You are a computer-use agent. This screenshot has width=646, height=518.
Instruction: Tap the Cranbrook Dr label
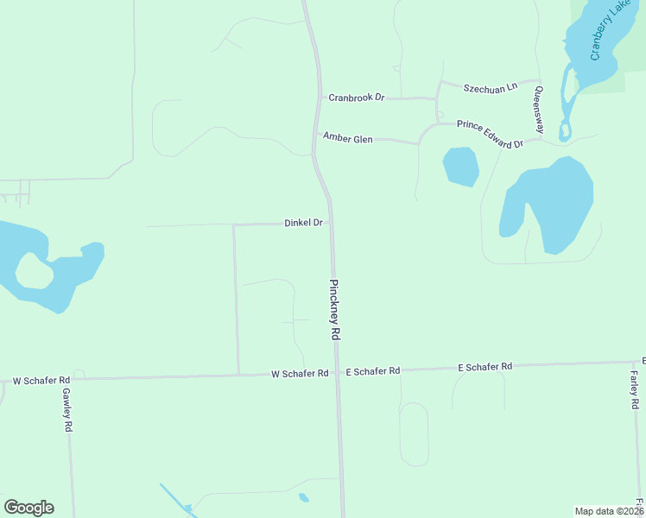(x=356, y=98)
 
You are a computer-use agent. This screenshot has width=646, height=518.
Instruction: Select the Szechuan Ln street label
(x=490, y=88)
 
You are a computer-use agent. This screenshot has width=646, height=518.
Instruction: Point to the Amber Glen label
(x=347, y=138)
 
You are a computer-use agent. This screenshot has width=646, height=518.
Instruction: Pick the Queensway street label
(x=539, y=109)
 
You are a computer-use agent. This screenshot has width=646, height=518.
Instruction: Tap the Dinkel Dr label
(x=303, y=223)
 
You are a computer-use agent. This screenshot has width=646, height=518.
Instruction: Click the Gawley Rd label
(x=67, y=409)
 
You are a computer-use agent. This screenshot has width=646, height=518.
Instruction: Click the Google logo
(x=28, y=508)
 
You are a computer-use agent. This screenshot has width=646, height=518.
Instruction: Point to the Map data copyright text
(x=609, y=511)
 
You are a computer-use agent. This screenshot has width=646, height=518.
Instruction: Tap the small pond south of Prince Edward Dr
(x=460, y=166)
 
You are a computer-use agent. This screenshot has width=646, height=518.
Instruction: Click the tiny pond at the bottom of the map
(x=303, y=497)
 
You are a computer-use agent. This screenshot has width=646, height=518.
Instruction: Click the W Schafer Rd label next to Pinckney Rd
(x=300, y=374)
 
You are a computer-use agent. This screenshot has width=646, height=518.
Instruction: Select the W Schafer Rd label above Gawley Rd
(x=41, y=380)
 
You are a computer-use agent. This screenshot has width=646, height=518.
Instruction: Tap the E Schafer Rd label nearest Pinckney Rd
(x=373, y=371)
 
